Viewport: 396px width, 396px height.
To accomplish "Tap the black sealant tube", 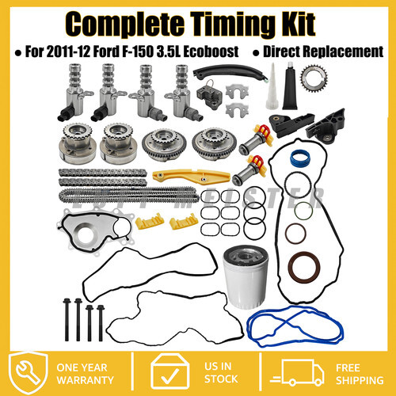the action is click(290, 86).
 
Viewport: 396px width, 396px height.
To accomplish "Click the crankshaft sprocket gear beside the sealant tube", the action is click(314, 78).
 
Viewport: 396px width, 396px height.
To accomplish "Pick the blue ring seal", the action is click(300, 158).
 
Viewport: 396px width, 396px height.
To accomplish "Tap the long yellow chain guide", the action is click(192, 177).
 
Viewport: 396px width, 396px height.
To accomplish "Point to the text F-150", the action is click(137, 51).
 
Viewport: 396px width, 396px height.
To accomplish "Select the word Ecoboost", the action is click(211, 51).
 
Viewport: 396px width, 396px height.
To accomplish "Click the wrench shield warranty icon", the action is click(28, 373).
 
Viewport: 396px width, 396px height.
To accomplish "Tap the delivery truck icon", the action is click(297, 372).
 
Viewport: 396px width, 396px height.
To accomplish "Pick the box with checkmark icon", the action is click(170, 371).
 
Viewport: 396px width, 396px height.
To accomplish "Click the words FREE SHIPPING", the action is click(360, 374).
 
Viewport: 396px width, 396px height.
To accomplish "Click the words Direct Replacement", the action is click(323, 51).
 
